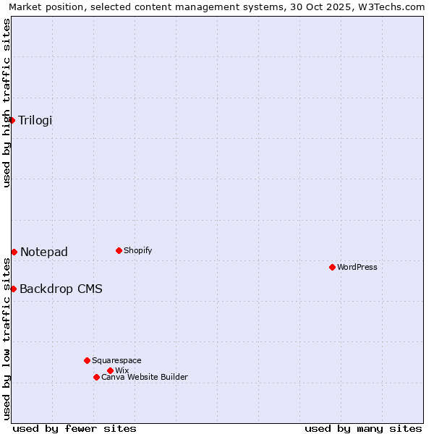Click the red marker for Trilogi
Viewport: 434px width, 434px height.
[12, 120]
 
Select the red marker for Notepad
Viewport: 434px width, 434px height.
[14, 252]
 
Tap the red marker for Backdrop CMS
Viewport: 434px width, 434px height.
[13, 289]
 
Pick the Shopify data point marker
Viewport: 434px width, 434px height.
[119, 250]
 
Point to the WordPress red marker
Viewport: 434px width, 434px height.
[332, 267]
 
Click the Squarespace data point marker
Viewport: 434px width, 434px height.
[87, 360]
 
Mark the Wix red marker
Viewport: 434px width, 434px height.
[110, 370]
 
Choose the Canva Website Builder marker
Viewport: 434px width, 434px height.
[96, 377]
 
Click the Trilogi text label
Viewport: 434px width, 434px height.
[35, 120]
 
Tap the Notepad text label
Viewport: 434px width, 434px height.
[44, 252]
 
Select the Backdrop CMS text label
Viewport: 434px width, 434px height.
[61, 289]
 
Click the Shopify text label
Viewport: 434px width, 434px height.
[137, 250]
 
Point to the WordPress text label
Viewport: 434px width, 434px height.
[357, 267]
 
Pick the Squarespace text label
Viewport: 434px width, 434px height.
[116, 360]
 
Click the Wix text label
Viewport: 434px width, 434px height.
[122, 370]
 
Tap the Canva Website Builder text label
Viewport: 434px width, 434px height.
[145, 377]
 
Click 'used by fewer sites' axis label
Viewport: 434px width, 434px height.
[75, 428]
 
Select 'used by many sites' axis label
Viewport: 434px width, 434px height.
[363, 428]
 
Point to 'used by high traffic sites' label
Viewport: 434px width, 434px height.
[7, 103]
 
